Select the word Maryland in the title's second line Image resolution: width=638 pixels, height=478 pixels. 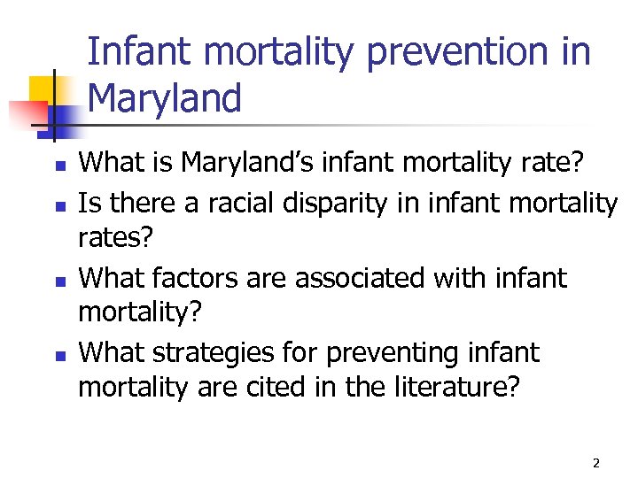pos(165,97)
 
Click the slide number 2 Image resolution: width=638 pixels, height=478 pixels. pos(596,463)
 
